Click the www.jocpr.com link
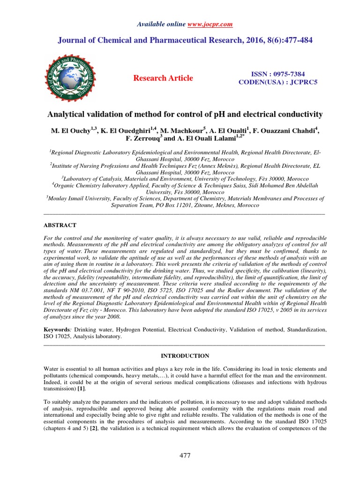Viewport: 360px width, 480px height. [210, 24]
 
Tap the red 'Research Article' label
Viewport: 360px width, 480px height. [163, 78]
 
